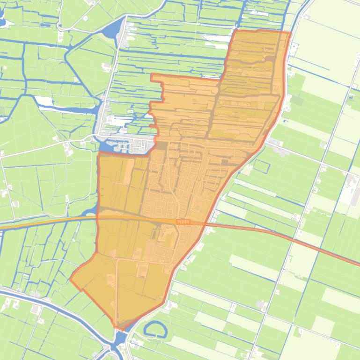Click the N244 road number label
coord(184,222)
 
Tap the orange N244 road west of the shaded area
coord(47,222)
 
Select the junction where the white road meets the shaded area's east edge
coord(264,145)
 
